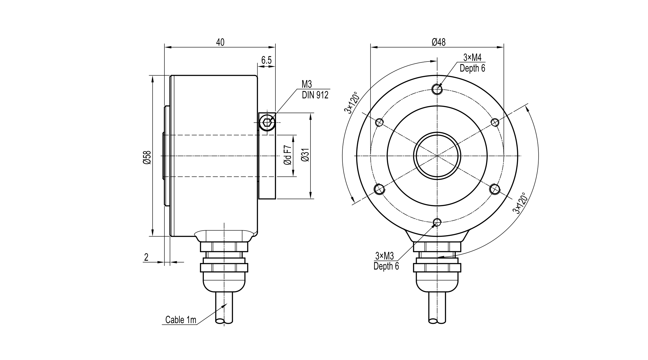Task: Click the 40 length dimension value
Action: click(220, 42)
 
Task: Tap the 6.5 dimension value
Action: click(266, 60)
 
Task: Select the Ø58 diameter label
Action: click(147, 157)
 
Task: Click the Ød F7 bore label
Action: click(288, 156)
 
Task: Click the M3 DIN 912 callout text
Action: click(315, 90)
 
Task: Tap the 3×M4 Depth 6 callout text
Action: click(472, 63)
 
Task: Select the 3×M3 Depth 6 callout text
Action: click(386, 261)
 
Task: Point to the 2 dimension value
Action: click(146, 258)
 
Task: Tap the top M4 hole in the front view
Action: click(437, 89)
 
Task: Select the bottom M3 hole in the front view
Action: click(437, 222)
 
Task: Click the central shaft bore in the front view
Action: click(437, 156)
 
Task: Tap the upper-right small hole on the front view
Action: click(495, 122)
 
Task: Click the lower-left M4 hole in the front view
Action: click(379, 189)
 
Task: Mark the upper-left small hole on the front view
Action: click(380, 122)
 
